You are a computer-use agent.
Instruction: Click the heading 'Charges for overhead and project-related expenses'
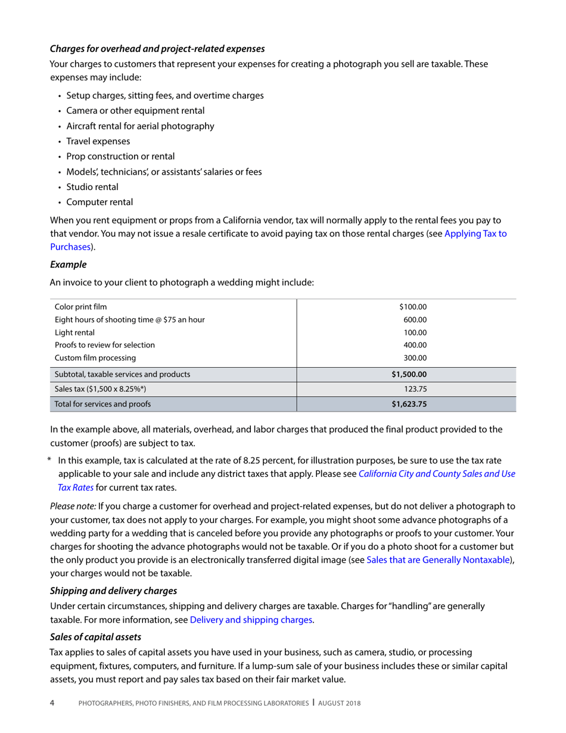pyautogui.click(x=157, y=48)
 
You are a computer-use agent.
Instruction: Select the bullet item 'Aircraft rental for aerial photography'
pyautogui.click(x=140, y=126)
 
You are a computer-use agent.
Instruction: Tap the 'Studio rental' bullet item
pyautogui.click(x=92, y=187)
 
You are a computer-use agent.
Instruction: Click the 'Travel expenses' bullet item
pyautogui.click(x=98, y=141)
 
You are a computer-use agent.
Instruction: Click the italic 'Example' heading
pyautogui.click(x=69, y=263)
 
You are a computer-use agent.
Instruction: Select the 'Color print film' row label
pyautogui.click(x=81, y=307)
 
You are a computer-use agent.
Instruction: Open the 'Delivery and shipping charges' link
pyautogui.click(x=251, y=619)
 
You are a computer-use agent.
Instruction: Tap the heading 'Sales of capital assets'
pyautogui.click(x=95, y=637)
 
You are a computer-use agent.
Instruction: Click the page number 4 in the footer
pyautogui.click(x=52, y=703)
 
